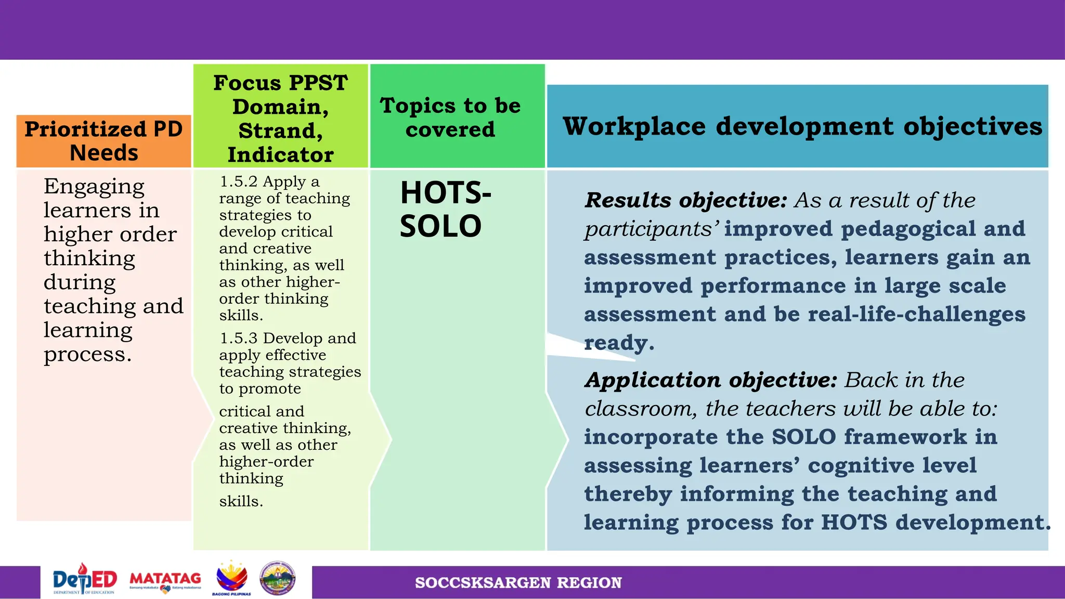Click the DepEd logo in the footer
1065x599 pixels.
tap(85, 580)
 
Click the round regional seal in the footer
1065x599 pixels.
tap(278, 578)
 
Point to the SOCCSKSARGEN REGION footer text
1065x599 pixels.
tap(518, 582)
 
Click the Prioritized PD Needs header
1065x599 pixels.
tap(104, 141)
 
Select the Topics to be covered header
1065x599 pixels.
tap(450, 118)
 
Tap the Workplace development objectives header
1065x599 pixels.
tap(802, 126)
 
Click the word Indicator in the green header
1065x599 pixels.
tap(280, 155)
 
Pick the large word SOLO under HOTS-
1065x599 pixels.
tap(440, 226)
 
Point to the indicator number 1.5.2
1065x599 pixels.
tap(239, 181)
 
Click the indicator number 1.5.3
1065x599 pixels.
tap(239, 338)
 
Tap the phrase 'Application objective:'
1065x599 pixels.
tap(711, 380)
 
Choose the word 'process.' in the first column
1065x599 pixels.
tap(87, 355)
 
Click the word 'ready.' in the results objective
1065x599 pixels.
tap(619, 343)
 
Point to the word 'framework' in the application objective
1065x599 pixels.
tap(905, 437)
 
